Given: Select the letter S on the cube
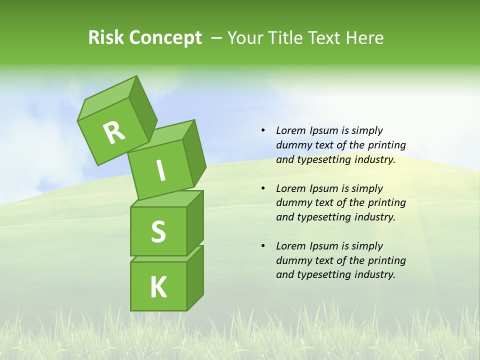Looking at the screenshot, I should pos(158,231).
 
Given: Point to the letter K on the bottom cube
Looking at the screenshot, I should pos(158,287).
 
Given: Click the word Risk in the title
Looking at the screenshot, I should pos(106,37).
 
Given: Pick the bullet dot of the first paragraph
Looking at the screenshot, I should pos(263,130).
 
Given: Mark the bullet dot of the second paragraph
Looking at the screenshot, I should pos(263,188).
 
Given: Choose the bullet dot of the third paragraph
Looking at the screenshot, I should pos(263,246).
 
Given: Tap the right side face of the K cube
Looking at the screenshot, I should pos(195,277).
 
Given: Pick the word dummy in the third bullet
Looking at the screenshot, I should pos(292,260).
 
